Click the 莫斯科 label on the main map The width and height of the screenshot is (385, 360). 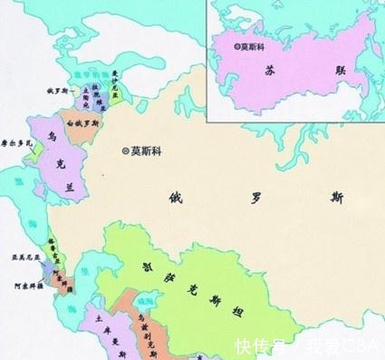click(148, 151)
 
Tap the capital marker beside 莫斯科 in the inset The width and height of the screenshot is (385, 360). click(237, 44)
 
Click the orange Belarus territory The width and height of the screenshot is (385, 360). click(83, 131)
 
